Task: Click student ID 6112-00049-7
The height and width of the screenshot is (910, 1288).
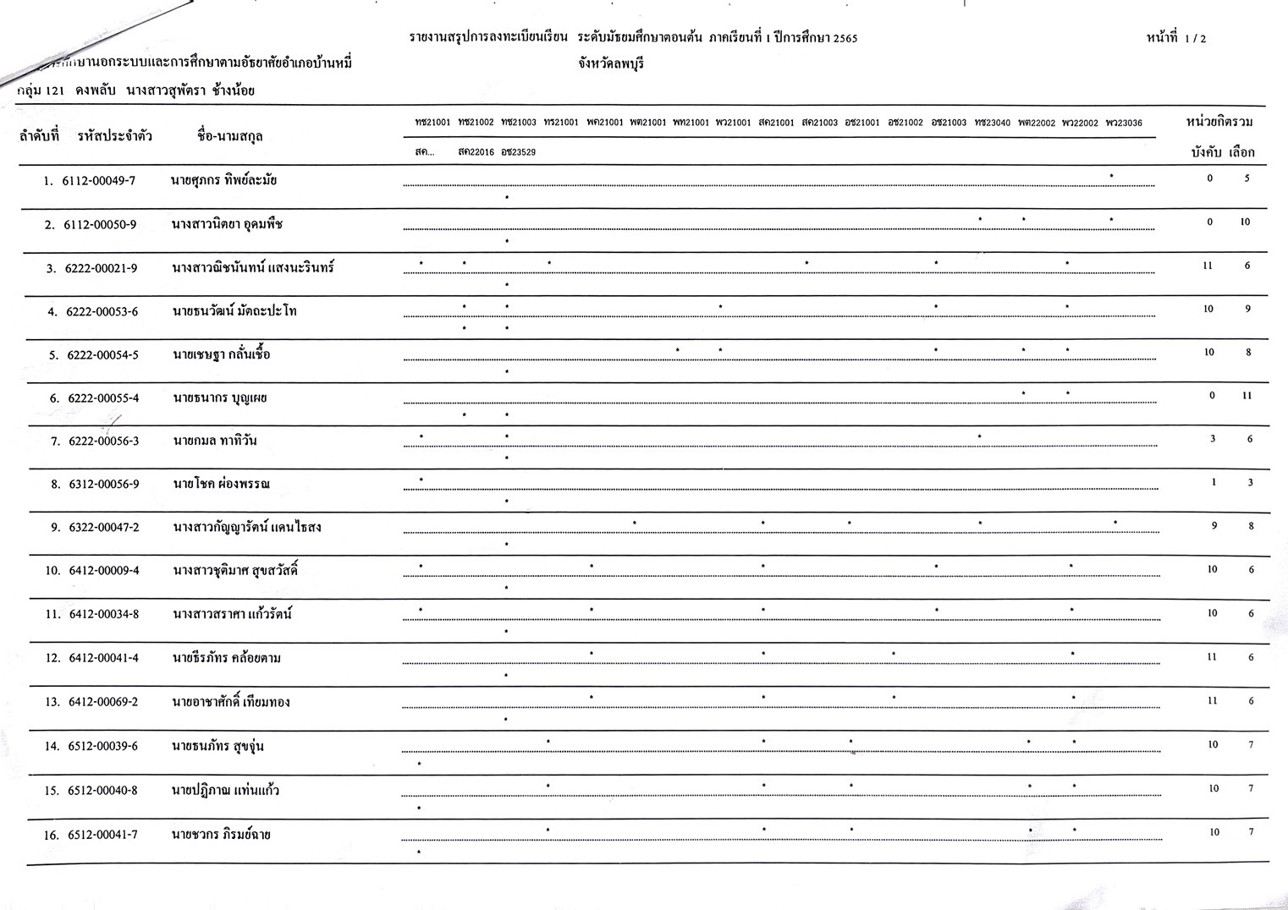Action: click(x=98, y=181)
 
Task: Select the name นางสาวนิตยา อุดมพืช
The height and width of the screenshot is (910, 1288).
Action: click(x=227, y=224)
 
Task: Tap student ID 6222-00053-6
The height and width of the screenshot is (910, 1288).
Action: click(x=102, y=312)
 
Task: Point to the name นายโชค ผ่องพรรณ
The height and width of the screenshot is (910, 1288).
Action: click(x=221, y=485)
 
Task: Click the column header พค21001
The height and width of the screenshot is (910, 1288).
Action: click(x=604, y=123)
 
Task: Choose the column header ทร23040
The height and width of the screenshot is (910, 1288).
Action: click(x=992, y=123)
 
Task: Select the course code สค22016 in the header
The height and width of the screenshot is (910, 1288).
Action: click(x=476, y=152)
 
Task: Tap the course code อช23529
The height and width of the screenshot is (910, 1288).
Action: click(x=518, y=152)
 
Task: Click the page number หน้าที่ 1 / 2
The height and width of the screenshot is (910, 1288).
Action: click(x=1176, y=38)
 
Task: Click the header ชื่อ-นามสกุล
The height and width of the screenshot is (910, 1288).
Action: click(x=229, y=135)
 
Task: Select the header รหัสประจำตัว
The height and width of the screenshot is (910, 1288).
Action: click(x=114, y=135)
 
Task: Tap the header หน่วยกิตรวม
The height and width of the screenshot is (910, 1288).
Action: click(x=1219, y=122)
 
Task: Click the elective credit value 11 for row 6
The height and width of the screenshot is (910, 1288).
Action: click(x=1247, y=396)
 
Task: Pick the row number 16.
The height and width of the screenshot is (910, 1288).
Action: click(x=52, y=835)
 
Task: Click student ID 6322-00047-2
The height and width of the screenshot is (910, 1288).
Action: click(x=104, y=528)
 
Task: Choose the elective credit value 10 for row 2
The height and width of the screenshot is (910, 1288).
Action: click(x=1245, y=222)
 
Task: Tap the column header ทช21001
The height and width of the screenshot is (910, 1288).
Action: click(x=432, y=123)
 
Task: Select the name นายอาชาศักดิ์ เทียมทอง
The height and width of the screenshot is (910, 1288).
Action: click(x=230, y=703)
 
